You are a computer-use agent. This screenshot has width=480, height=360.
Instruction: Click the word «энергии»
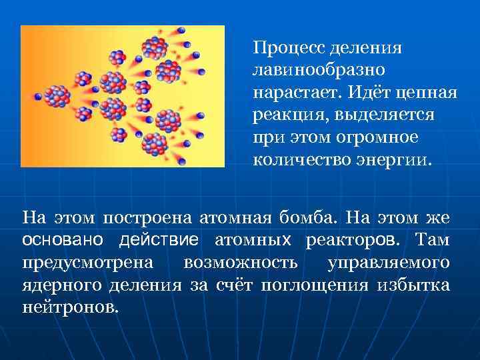[x=398, y=160]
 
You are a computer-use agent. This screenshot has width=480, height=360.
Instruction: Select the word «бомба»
[x=314, y=218]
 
